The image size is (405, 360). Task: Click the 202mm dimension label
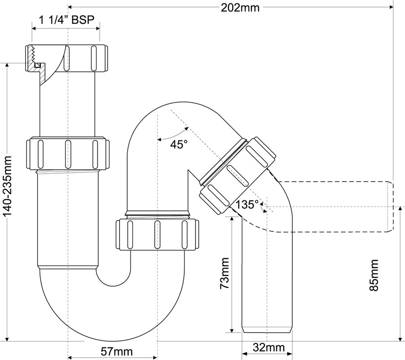[240, 8]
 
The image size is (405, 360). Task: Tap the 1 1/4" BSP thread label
[67, 20]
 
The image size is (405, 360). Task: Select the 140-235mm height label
[8, 186]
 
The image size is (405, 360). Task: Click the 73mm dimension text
[224, 273]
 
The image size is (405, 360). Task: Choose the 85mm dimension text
[374, 275]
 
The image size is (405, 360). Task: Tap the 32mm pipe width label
[269, 347]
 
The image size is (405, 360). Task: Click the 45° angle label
[179, 144]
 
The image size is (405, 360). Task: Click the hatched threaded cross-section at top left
[36, 62]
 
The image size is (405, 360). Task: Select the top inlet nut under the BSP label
[66, 58]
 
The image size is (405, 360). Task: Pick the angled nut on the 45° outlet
[238, 175]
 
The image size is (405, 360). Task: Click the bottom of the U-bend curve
[113, 341]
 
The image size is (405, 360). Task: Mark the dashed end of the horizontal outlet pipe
[391, 207]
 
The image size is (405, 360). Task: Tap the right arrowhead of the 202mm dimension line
[391, 7]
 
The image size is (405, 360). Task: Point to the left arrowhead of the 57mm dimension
[70, 358]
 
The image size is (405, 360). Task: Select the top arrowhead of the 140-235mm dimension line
[7, 65]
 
